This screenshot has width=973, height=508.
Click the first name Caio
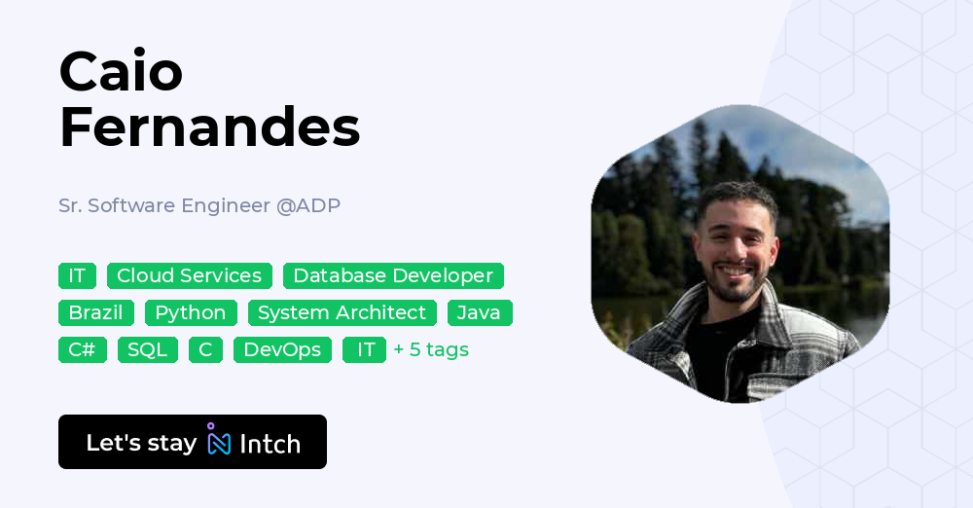pos(121,72)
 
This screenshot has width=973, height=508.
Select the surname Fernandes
pos(209,127)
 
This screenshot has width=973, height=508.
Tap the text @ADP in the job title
pos(308,205)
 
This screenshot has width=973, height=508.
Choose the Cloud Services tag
pos(189,275)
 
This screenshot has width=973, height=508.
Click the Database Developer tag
pos(393,275)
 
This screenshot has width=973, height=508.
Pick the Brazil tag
pos(95,312)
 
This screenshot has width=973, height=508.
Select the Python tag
pos(191,312)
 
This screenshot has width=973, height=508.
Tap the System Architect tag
pos(342,312)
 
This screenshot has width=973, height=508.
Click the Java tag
pos(479,312)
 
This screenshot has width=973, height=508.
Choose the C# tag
pos(82,349)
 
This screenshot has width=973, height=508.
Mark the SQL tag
pos(147,349)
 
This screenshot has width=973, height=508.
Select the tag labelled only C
pos(205,349)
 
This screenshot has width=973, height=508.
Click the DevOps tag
pos(282,349)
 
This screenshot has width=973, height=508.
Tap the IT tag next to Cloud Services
pos(77,275)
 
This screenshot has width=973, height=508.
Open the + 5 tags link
pos(431,349)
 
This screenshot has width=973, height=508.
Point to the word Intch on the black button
pos(270,444)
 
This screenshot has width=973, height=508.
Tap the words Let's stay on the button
pos(141,443)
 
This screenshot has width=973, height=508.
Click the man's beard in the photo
pos(739,283)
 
